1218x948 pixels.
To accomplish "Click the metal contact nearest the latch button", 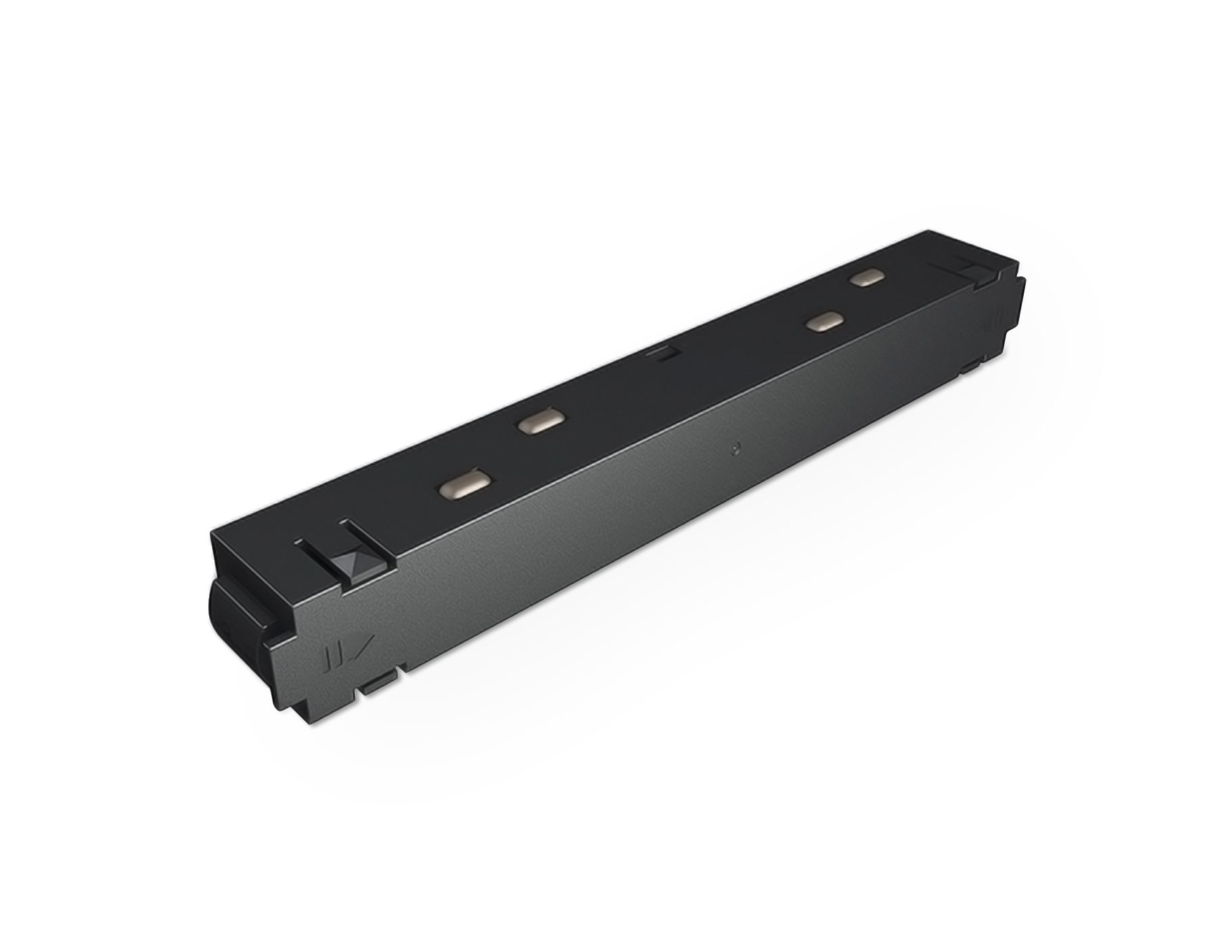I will (x=464, y=486).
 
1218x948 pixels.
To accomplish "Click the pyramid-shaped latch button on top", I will (x=352, y=562).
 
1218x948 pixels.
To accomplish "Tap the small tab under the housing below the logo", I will (x=380, y=687).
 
